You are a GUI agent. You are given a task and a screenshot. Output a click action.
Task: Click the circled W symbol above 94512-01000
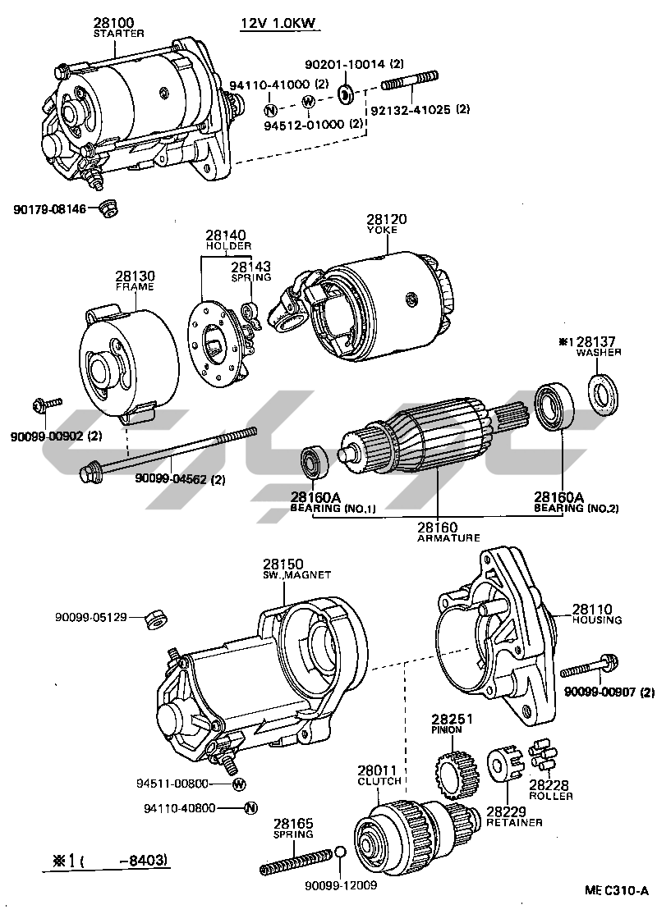point(308,102)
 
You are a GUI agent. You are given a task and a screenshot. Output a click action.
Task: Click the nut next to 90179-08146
point(106,208)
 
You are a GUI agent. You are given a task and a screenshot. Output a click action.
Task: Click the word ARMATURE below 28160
point(448,538)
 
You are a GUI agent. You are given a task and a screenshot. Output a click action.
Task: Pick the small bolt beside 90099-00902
point(46,404)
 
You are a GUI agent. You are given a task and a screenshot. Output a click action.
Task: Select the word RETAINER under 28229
point(514,822)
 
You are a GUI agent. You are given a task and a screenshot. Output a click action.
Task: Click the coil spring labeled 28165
point(296,861)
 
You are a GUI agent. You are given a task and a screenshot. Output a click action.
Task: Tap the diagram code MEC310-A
point(616,890)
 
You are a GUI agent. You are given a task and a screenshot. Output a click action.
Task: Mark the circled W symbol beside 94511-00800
point(239,785)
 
